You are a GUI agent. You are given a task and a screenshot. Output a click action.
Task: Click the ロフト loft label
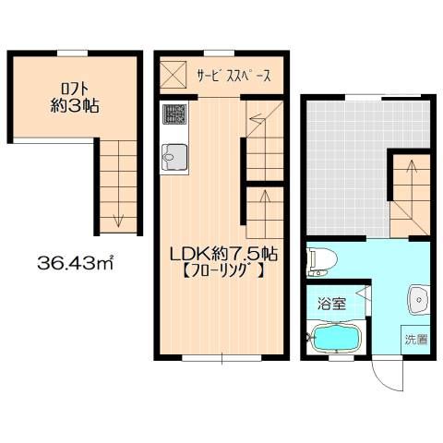(x=75, y=89)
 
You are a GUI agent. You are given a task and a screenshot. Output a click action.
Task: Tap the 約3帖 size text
(x=75, y=106)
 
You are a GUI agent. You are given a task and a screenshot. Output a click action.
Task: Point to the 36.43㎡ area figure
(x=76, y=263)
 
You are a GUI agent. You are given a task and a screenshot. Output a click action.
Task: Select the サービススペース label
(x=234, y=75)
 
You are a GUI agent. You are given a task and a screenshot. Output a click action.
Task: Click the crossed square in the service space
(x=174, y=74)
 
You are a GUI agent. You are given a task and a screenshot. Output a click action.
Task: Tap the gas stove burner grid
(x=174, y=114)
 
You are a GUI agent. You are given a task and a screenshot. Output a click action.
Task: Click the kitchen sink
(x=174, y=157)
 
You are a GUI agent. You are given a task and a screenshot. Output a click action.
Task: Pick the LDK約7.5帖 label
(x=224, y=255)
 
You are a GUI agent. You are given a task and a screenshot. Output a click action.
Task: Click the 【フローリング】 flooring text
(x=223, y=271)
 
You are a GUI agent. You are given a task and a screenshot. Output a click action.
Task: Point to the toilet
(x=321, y=262)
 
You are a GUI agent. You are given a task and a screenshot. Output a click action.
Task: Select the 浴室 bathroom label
(x=331, y=305)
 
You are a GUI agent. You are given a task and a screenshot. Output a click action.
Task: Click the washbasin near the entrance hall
(x=418, y=300)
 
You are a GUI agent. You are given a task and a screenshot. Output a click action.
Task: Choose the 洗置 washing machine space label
(x=416, y=340)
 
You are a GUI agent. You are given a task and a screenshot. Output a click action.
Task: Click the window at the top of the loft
(x=73, y=54)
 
